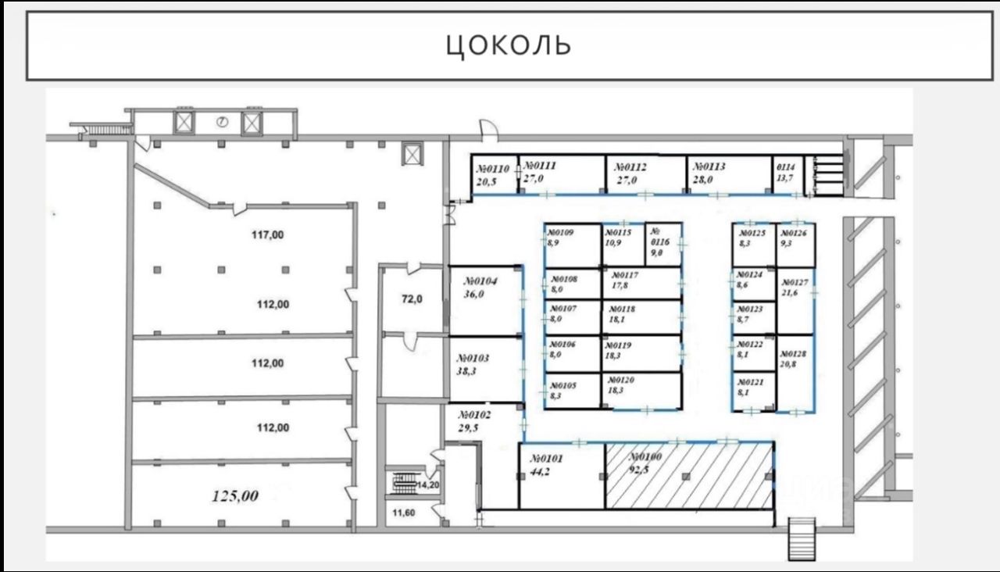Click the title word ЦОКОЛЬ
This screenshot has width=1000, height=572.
click(509, 45)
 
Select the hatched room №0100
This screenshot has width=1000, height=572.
click(687, 477)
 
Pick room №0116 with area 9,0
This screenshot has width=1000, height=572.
click(662, 243)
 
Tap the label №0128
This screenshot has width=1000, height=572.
click(795, 353)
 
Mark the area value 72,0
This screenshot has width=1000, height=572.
click(412, 299)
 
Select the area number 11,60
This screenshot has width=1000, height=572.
click(405, 513)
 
